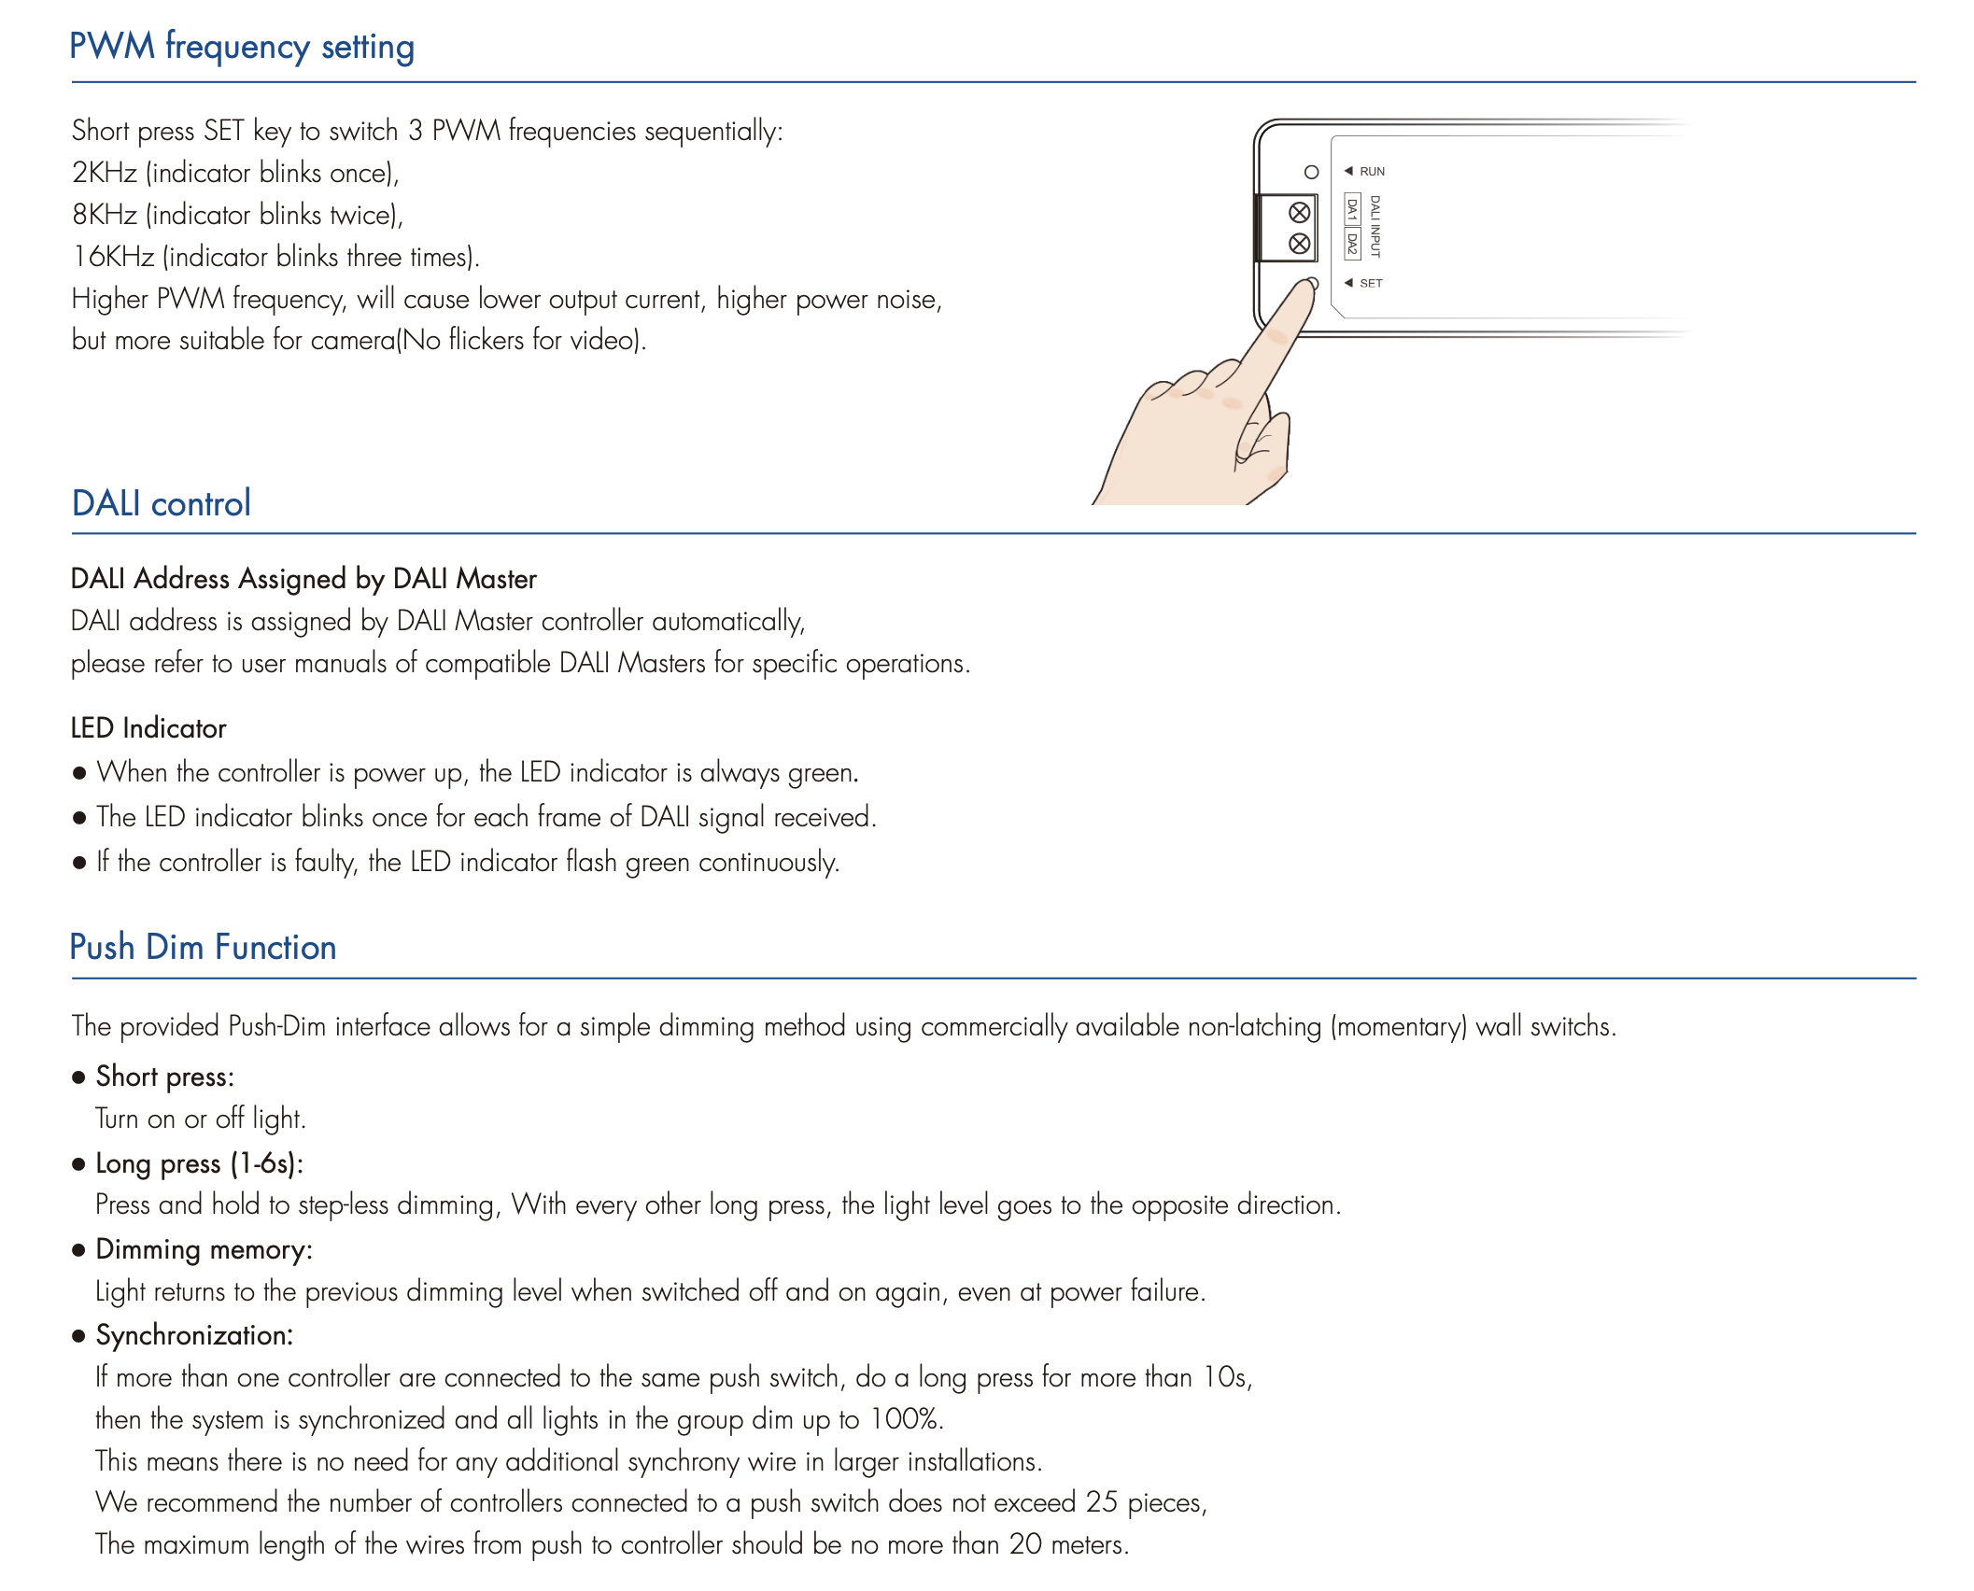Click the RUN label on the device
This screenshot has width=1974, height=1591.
point(1372,172)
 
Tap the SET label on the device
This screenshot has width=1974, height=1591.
point(1371,283)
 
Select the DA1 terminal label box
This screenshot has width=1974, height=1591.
point(1351,209)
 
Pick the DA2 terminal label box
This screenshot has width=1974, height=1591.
point(1351,243)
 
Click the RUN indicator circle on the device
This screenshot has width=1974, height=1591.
point(1311,172)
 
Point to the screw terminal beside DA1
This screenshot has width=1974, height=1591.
point(1299,213)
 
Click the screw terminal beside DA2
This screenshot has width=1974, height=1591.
point(1299,244)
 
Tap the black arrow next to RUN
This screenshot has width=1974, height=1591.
point(1348,171)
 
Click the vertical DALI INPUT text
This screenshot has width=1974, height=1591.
point(1375,226)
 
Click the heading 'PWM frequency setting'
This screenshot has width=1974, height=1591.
point(242,47)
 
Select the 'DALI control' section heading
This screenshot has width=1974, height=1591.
point(162,503)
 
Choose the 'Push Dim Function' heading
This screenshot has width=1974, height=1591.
point(203,947)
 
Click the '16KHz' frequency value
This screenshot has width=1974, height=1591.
point(113,257)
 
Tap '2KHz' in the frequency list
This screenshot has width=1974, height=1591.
point(105,173)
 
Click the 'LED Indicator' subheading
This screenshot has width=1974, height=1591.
point(148,728)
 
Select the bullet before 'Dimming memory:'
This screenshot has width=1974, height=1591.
point(79,1250)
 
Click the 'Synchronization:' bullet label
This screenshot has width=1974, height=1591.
point(194,1335)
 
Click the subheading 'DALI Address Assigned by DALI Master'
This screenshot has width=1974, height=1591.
point(303,579)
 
